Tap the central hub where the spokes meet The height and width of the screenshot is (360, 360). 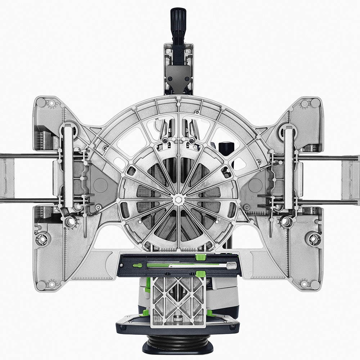tap(178, 199)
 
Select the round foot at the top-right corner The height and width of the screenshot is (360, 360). tap(316, 103)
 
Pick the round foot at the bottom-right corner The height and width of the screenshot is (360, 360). tap(315, 285)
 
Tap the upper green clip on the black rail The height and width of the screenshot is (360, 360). tap(201, 257)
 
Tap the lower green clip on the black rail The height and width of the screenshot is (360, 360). tap(201, 274)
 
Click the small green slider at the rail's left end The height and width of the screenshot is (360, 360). tap(138, 265)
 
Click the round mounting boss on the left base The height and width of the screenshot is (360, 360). tap(42, 239)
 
